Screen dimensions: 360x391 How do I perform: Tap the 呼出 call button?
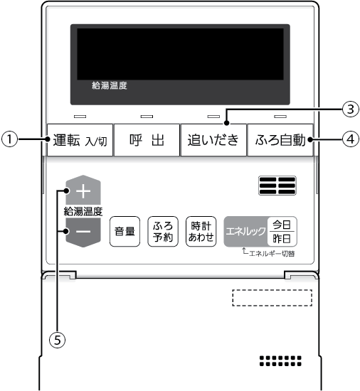[147, 140]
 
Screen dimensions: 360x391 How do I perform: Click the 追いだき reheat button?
[213, 140]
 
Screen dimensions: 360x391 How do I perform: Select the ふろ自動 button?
[280, 140]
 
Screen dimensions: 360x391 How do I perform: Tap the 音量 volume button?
[125, 232]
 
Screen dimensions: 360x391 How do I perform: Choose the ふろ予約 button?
[163, 232]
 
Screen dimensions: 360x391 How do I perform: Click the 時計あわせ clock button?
[201, 232]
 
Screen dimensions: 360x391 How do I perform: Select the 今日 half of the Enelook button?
[282, 225]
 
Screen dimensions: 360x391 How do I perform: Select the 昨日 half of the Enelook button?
[282, 239]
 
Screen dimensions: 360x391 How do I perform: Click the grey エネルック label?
[245, 232]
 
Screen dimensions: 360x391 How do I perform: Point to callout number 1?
[10, 139]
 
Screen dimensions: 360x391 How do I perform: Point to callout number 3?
[351, 109]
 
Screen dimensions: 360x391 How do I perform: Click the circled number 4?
[351, 139]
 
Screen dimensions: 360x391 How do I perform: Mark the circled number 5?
[58, 340]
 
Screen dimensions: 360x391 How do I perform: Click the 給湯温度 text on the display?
[110, 85]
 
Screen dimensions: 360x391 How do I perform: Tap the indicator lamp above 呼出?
[147, 117]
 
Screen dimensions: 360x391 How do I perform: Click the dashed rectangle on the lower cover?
[272, 298]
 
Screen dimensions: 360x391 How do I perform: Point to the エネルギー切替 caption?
[272, 254]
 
